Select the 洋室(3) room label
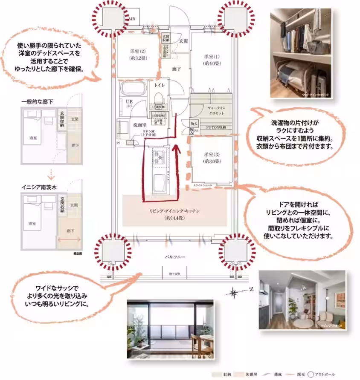[212, 158]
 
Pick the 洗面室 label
[128, 125]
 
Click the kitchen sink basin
[160, 182]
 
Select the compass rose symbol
[236, 292]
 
